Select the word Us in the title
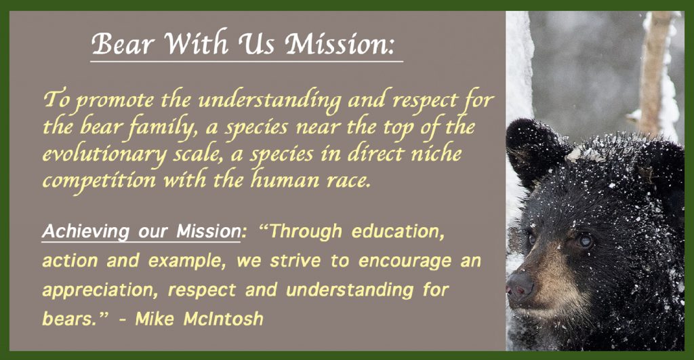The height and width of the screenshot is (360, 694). [257, 44]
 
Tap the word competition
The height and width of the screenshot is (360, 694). [99, 180]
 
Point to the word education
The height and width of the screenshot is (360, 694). [398, 232]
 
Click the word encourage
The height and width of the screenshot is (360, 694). [405, 262]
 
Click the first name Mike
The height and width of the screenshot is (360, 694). [155, 319]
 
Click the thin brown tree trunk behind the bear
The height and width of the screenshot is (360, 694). [651, 66]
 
